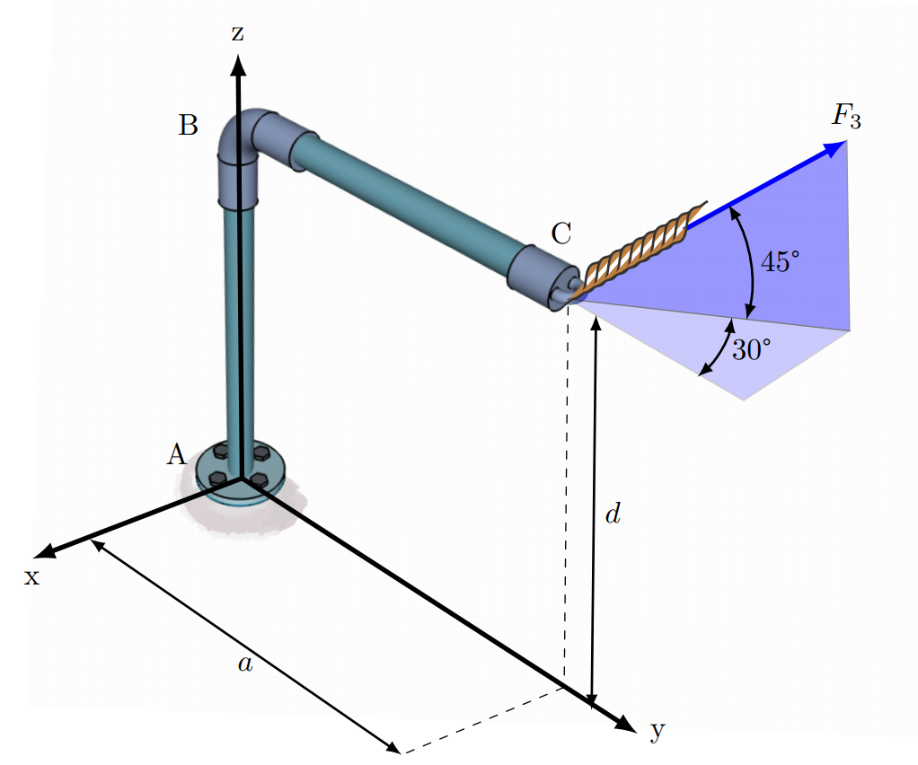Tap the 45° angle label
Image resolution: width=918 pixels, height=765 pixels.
779,262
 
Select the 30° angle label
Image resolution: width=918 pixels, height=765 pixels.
750,349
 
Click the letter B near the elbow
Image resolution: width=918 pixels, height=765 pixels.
188,126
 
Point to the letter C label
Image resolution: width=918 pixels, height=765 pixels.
561,234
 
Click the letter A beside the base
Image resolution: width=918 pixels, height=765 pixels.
176,455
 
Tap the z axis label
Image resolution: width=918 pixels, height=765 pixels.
237,34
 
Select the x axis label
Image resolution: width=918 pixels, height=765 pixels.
31,576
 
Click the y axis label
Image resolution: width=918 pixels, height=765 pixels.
658,731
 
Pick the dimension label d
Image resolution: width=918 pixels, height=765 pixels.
613,515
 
